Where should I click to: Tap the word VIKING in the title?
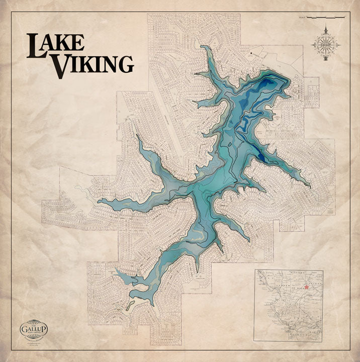[x=94, y=64]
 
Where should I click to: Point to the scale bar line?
[x=327, y=18]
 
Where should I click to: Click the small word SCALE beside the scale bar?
[x=302, y=18]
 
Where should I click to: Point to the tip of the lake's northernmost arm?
[x=202, y=47]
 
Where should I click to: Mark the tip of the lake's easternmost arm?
[x=309, y=188]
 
